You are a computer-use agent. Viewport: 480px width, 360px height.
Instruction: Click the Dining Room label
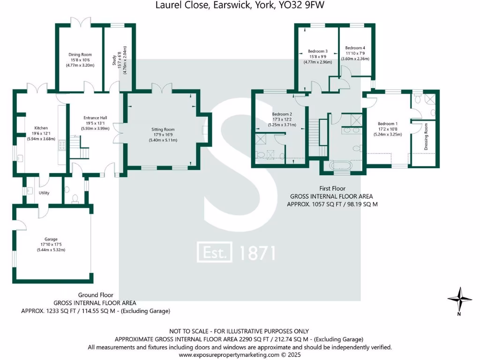[x=80, y=55]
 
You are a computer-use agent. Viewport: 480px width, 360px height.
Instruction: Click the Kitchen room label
[x=41, y=128]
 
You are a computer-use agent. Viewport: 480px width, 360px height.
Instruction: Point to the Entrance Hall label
[x=95, y=118]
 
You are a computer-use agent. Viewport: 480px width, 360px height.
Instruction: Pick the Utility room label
[x=45, y=193]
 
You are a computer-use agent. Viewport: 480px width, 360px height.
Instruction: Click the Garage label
[x=51, y=239]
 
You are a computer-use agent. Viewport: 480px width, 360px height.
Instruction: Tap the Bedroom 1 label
[x=387, y=124]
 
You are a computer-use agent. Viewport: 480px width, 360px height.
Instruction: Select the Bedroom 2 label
[x=282, y=114]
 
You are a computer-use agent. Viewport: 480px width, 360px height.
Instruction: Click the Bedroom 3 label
[x=317, y=52]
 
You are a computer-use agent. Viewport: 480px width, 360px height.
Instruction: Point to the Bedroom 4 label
[x=355, y=48]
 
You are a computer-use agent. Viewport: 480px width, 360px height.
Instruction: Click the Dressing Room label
[x=426, y=136]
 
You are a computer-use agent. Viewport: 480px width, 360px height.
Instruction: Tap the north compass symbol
[x=459, y=300]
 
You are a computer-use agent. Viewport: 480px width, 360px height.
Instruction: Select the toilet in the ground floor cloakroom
[x=75, y=199]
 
